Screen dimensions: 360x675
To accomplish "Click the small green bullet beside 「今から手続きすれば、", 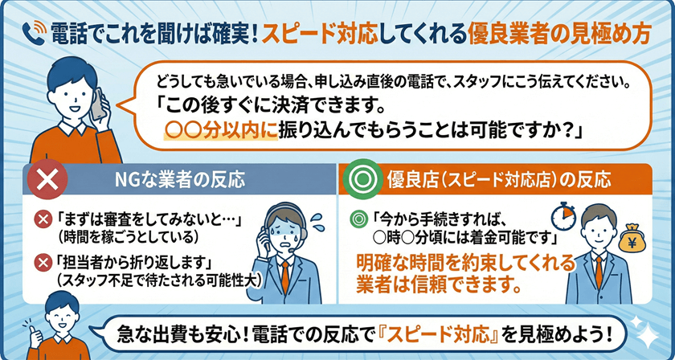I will [x=358, y=219].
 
